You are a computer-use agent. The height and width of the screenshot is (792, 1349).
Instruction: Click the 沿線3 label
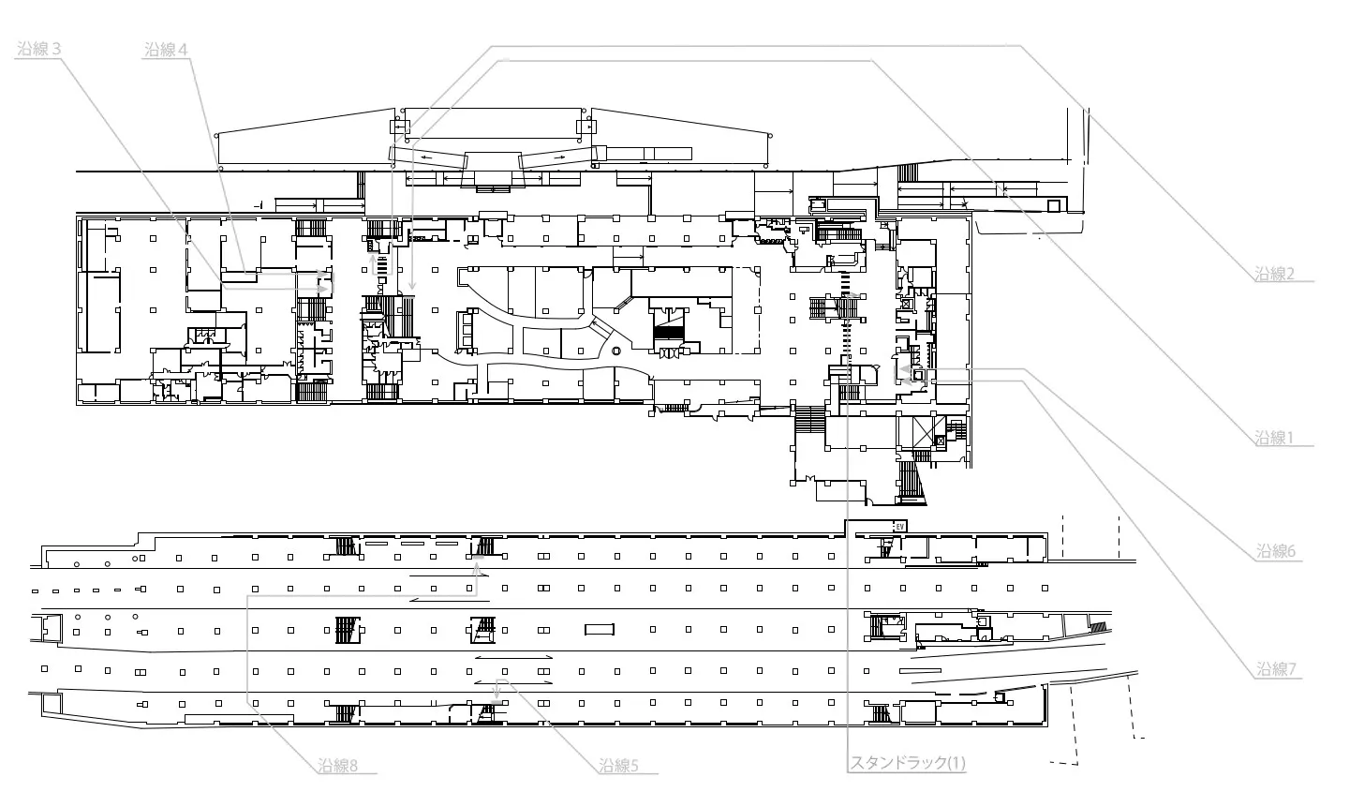pos(39,49)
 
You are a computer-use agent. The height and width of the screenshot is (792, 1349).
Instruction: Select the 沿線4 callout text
pos(166,50)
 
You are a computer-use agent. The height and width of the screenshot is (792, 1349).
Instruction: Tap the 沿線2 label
pos(1274,274)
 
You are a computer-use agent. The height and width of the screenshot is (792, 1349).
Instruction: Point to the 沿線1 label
pos(1274,437)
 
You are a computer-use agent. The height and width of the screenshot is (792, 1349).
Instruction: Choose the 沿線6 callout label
pos(1276,550)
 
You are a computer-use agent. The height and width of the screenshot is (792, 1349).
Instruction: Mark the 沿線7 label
pos(1276,668)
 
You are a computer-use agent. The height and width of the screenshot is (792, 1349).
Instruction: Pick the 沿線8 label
pos(338,766)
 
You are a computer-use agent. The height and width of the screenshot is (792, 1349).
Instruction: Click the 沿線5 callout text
pos(618,766)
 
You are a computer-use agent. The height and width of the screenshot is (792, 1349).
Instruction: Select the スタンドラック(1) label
pos(908,763)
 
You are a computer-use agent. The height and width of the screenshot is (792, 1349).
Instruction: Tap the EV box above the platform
pos(899,527)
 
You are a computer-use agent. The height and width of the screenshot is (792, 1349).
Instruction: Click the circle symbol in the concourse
pos(615,351)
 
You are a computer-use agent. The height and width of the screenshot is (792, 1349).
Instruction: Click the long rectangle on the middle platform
pos(600,629)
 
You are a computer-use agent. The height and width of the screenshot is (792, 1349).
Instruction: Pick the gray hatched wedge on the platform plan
pos(1100,627)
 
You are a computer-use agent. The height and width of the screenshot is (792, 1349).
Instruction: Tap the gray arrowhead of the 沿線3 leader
pos(324,289)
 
